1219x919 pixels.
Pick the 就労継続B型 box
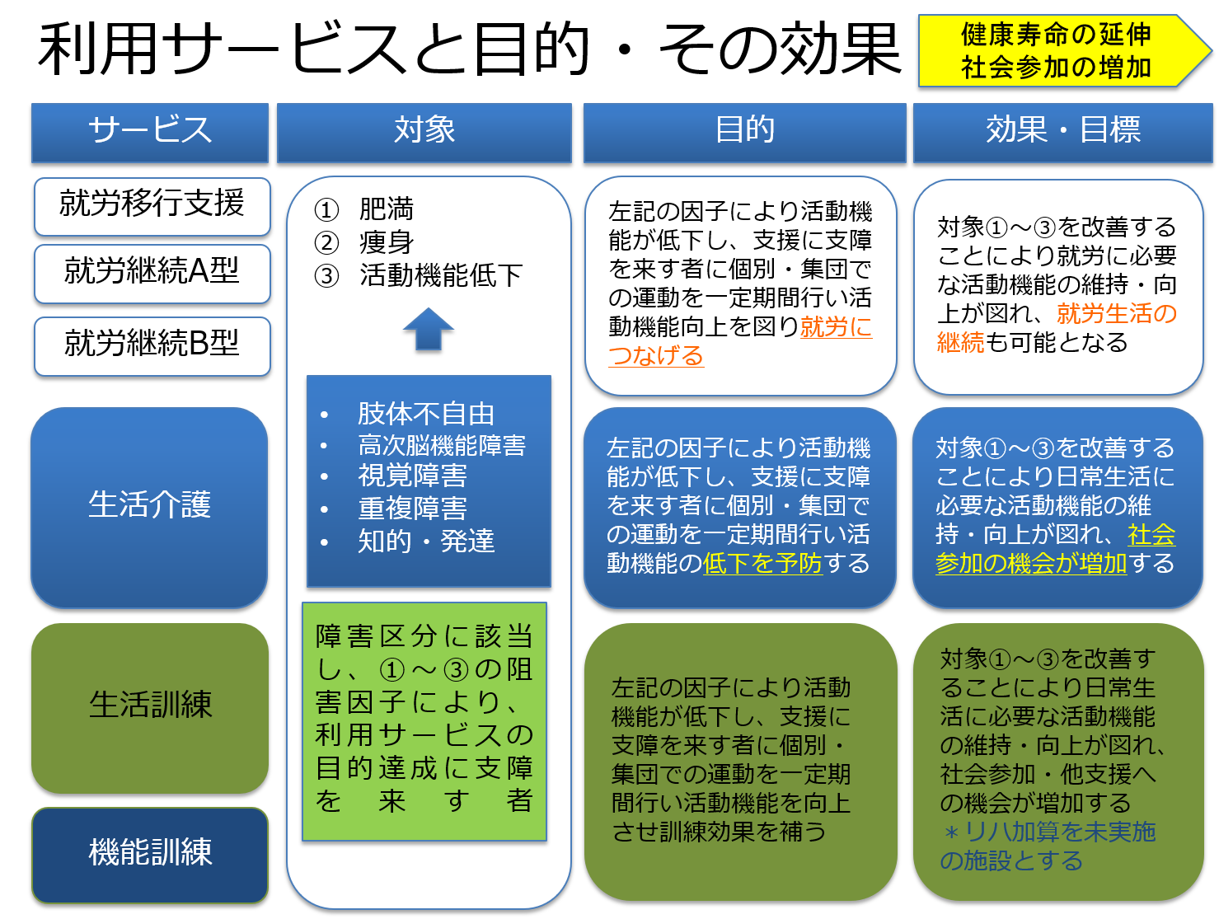coord(152,345)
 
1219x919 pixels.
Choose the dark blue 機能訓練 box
coord(150,854)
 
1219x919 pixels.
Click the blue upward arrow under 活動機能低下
coord(429,330)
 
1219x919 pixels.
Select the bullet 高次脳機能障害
coord(441,446)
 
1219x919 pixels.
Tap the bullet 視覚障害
coord(412,476)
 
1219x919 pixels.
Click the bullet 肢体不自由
coord(425,414)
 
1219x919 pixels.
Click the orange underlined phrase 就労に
coord(836,327)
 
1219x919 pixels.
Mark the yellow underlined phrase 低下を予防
coord(762,564)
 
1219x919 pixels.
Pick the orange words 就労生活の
coord(1116,314)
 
